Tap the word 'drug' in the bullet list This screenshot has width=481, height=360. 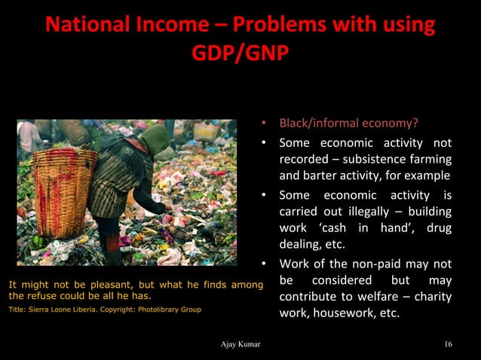click(439, 228)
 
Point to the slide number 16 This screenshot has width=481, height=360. click(449, 345)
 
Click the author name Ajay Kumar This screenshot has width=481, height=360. click(240, 345)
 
